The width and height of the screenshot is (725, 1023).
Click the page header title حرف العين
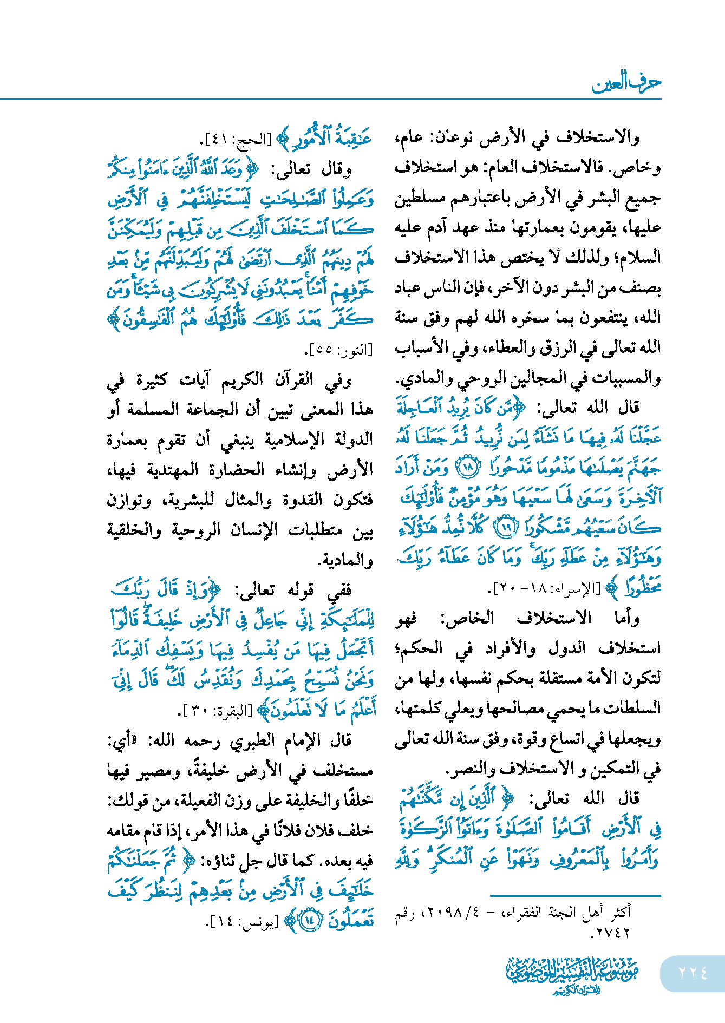(x=626, y=83)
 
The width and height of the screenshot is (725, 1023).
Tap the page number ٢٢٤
(x=693, y=973)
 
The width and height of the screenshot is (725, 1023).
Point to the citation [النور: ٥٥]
(x=342, y=350)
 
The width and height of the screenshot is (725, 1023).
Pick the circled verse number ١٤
(x=310, y=920)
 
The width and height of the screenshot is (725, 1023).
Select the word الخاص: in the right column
(x=467, y=618)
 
